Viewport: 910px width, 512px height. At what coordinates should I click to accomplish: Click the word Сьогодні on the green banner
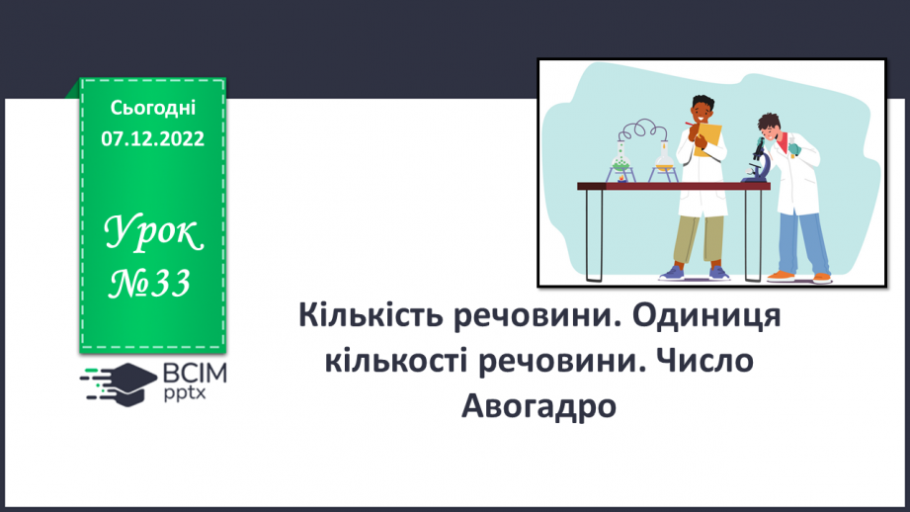(152, 108)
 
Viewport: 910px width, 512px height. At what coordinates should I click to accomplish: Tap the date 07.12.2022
(152, 138)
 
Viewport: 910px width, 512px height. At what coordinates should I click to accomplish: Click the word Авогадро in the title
(538, 404)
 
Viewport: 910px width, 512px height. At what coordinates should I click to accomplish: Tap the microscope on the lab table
(758, 163)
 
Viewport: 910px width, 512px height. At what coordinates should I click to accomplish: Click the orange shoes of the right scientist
(799, 274)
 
